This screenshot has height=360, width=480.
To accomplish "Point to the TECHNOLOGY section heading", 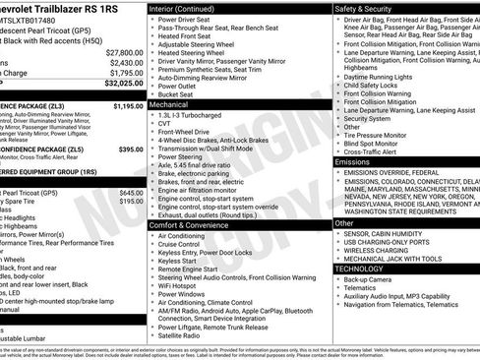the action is (359, 268).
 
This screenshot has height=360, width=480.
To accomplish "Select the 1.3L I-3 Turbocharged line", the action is (194, 115).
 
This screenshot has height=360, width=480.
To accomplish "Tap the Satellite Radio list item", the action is (184, 336).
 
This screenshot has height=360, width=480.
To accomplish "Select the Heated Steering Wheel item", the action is (196, 53).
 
